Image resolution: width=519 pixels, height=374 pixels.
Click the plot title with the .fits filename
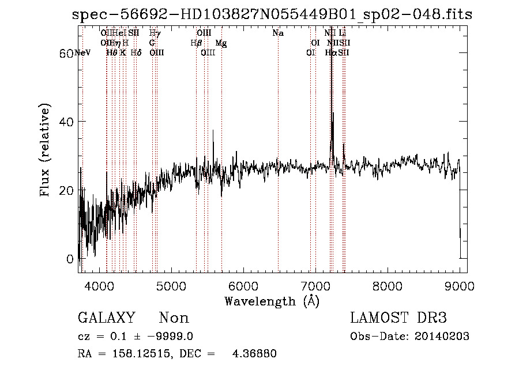coord(272,14)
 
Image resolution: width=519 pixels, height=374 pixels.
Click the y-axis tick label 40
coord(68,122)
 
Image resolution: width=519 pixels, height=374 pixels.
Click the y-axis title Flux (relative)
coord(46,150)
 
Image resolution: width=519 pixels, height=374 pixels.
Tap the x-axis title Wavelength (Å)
coord(272,301)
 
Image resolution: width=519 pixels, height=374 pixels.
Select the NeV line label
coord(82,53)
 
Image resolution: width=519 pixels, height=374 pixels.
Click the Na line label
coord(278,33)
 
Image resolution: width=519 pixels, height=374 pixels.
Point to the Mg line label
coord(221,43)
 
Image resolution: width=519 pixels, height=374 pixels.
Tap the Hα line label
coord(330,53)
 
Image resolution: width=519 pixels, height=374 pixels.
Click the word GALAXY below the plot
coord(106,318)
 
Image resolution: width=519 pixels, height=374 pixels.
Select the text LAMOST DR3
coord(398,318)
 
